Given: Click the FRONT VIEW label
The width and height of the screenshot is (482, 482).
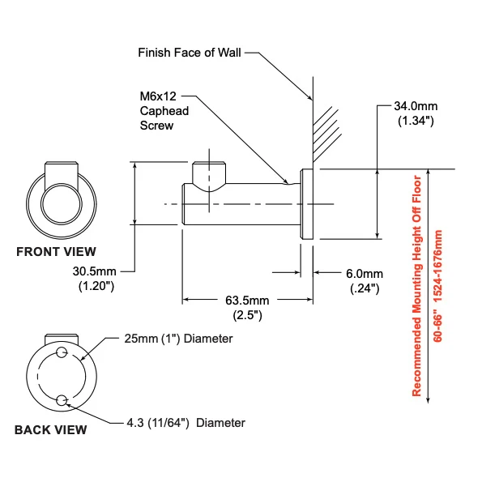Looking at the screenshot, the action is [56, 252].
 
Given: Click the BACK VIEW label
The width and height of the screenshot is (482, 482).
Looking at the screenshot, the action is [51, 429].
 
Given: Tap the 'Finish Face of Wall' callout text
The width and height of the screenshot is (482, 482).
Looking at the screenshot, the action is [190, 53].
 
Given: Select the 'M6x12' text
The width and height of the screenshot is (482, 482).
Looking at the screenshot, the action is [158, 96].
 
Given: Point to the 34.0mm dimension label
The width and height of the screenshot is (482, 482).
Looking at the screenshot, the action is [416, 106].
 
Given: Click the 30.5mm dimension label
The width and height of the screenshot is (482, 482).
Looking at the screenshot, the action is [94, 271].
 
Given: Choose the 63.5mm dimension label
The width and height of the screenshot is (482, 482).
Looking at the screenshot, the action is [247, 301].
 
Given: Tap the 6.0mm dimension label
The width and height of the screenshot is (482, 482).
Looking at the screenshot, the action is [365, 274].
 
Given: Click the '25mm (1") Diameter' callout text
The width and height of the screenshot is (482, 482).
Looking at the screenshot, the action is [178, 339].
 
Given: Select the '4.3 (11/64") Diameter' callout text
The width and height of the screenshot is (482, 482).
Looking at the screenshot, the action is [186, 423].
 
